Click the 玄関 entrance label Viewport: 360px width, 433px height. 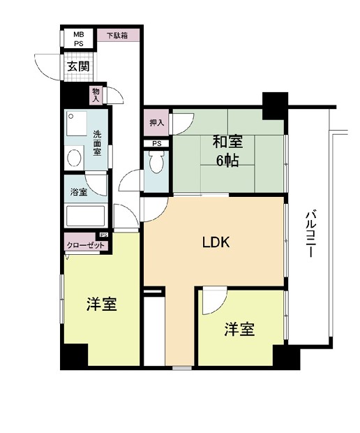78,66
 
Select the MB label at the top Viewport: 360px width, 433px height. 79,33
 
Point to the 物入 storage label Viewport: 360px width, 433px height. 95,94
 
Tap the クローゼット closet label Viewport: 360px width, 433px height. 86,245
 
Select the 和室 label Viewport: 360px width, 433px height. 227,142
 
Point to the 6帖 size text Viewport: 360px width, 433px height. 227,162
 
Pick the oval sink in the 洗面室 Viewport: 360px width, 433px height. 73,157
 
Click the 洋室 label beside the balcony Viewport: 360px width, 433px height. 239,330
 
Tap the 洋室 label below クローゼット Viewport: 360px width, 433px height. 101,304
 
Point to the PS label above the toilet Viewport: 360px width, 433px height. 156,144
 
